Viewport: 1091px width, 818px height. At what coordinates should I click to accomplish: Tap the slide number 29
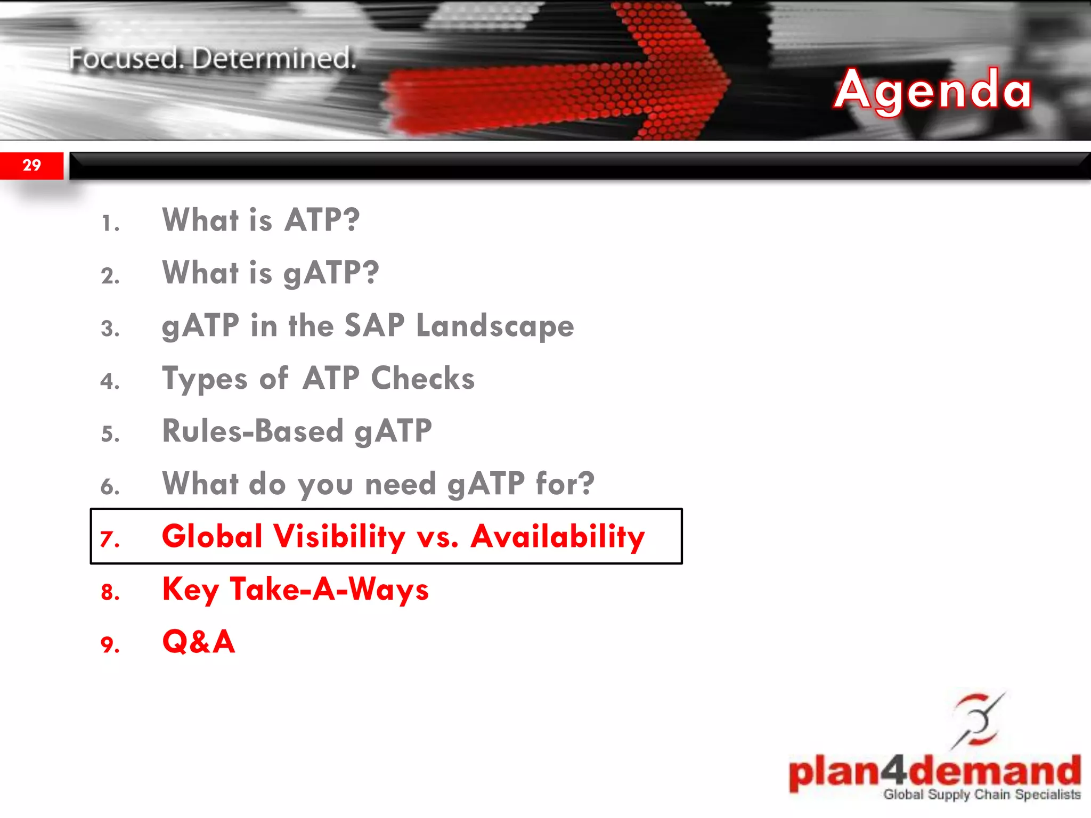(32, 165)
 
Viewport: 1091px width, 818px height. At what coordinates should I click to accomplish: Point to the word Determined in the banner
(274, 59)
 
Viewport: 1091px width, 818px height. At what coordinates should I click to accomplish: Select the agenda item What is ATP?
(261, 220)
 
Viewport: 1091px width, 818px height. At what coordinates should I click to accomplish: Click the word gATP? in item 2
(331, 273)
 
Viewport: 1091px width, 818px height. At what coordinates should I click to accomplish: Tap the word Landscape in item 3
(495, 326)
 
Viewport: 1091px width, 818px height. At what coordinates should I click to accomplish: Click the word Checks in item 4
(422, 379)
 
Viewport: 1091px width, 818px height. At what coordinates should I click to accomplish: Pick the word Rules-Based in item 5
(253, 431)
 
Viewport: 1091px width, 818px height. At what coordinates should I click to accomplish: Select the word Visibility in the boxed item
(339, 536)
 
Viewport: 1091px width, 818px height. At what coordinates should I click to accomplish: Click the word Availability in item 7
(557, 536)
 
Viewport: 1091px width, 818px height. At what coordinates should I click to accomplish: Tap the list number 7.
(110, 539)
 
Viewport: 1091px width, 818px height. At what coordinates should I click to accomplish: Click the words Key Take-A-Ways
(295, 590)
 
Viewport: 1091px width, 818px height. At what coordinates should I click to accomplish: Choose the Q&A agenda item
(198, 642)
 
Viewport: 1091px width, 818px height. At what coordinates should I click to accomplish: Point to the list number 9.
(110, 645)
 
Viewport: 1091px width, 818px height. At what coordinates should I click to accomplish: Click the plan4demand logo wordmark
(934, 772)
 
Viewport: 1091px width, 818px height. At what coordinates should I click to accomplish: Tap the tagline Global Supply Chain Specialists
(982, 795)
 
